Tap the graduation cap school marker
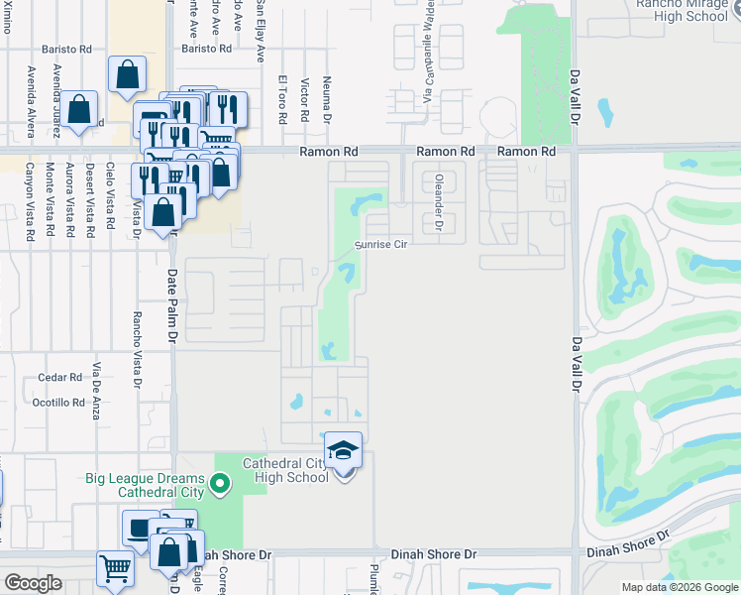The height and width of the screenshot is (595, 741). click(x=343, y=450)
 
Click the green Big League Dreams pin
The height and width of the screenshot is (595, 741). click(x=220, y=485)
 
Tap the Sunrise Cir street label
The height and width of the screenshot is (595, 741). click(x=382, y=244)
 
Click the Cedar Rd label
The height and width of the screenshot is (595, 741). click(x=59, y=378)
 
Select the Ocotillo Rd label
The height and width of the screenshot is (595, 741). click(x=58, y=403)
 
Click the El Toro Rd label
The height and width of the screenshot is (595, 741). click(x=283, y=100)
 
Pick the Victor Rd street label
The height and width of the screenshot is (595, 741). click(x=305, y=100)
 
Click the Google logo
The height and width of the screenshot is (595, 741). click(x=33, y=583)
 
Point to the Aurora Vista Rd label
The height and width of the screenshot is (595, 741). click(x=68, y=199)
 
